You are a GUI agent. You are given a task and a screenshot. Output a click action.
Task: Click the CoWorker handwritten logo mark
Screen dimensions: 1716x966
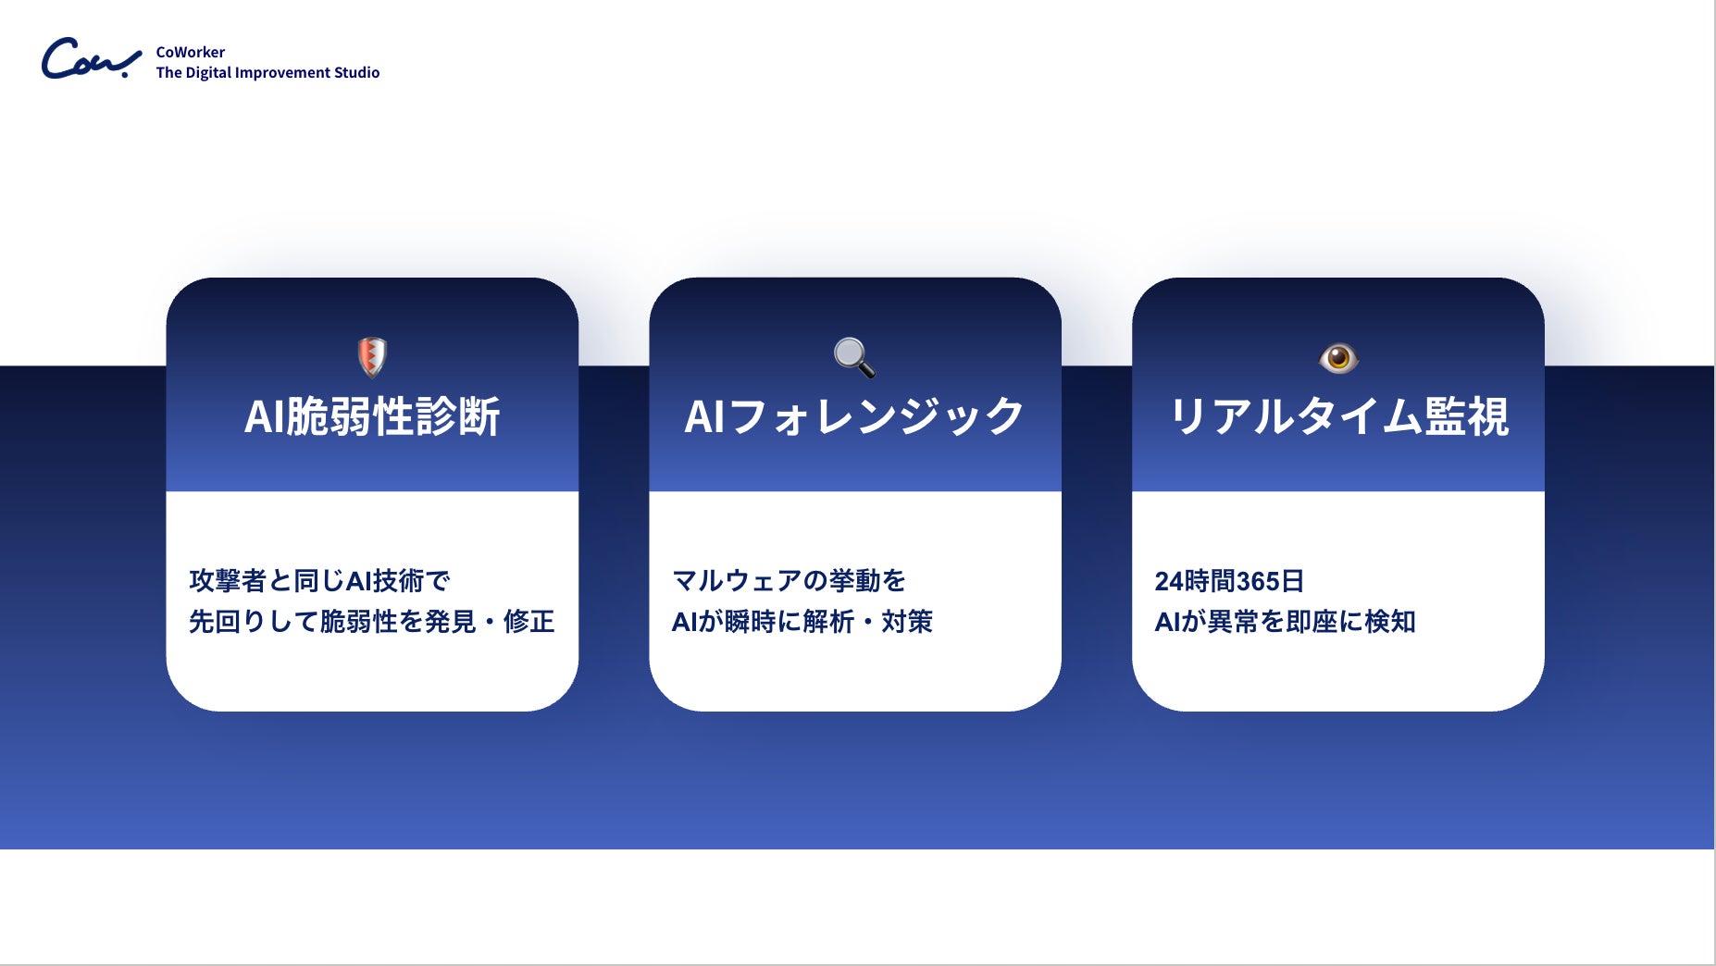(x=91, y=59)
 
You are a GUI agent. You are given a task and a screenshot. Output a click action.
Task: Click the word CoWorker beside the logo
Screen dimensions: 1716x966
(x=191, y=52)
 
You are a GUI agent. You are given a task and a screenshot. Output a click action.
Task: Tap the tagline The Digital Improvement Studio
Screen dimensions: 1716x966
(x=267, y=72)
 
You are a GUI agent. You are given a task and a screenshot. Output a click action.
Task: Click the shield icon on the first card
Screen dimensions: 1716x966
(x=372, y=357)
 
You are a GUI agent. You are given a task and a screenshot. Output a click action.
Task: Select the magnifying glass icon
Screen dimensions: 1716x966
(x=854, y=357)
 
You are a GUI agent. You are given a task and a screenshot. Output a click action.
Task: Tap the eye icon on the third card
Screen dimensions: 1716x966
(x=1338, y=358)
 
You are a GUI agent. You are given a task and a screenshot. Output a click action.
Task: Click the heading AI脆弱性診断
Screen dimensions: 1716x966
(x=372, y=416)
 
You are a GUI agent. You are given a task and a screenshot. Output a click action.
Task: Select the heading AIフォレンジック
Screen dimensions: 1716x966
(x=854, y=416)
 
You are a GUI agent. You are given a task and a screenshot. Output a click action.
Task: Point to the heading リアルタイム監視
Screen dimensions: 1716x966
(x=1338, y=416)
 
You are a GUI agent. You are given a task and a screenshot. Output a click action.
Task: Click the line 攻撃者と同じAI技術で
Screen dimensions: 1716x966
(x=319, y=581)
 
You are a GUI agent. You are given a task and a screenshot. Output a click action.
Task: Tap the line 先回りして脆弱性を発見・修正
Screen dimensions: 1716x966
(x=372, y=622)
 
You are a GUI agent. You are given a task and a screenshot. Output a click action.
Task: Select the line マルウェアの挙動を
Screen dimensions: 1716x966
(x=789, y=581)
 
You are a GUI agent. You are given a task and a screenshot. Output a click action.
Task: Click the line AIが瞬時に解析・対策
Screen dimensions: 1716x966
(x=802, y=622)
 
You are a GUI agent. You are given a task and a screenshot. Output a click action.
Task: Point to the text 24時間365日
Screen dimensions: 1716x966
(x=1229, y=581)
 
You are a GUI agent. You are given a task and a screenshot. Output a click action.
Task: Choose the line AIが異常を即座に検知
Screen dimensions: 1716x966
(x=1285, y=622)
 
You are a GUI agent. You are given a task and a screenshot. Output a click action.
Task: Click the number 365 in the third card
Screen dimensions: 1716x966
(x=1257, y=581)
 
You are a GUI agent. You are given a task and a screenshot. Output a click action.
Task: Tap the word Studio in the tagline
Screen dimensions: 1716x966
(x=356, y=72)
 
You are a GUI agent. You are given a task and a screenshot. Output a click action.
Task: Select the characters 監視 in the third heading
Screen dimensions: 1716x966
(x=1467, y=416)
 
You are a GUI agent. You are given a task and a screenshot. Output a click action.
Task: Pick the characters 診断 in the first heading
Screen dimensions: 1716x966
(x=459, y=416)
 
